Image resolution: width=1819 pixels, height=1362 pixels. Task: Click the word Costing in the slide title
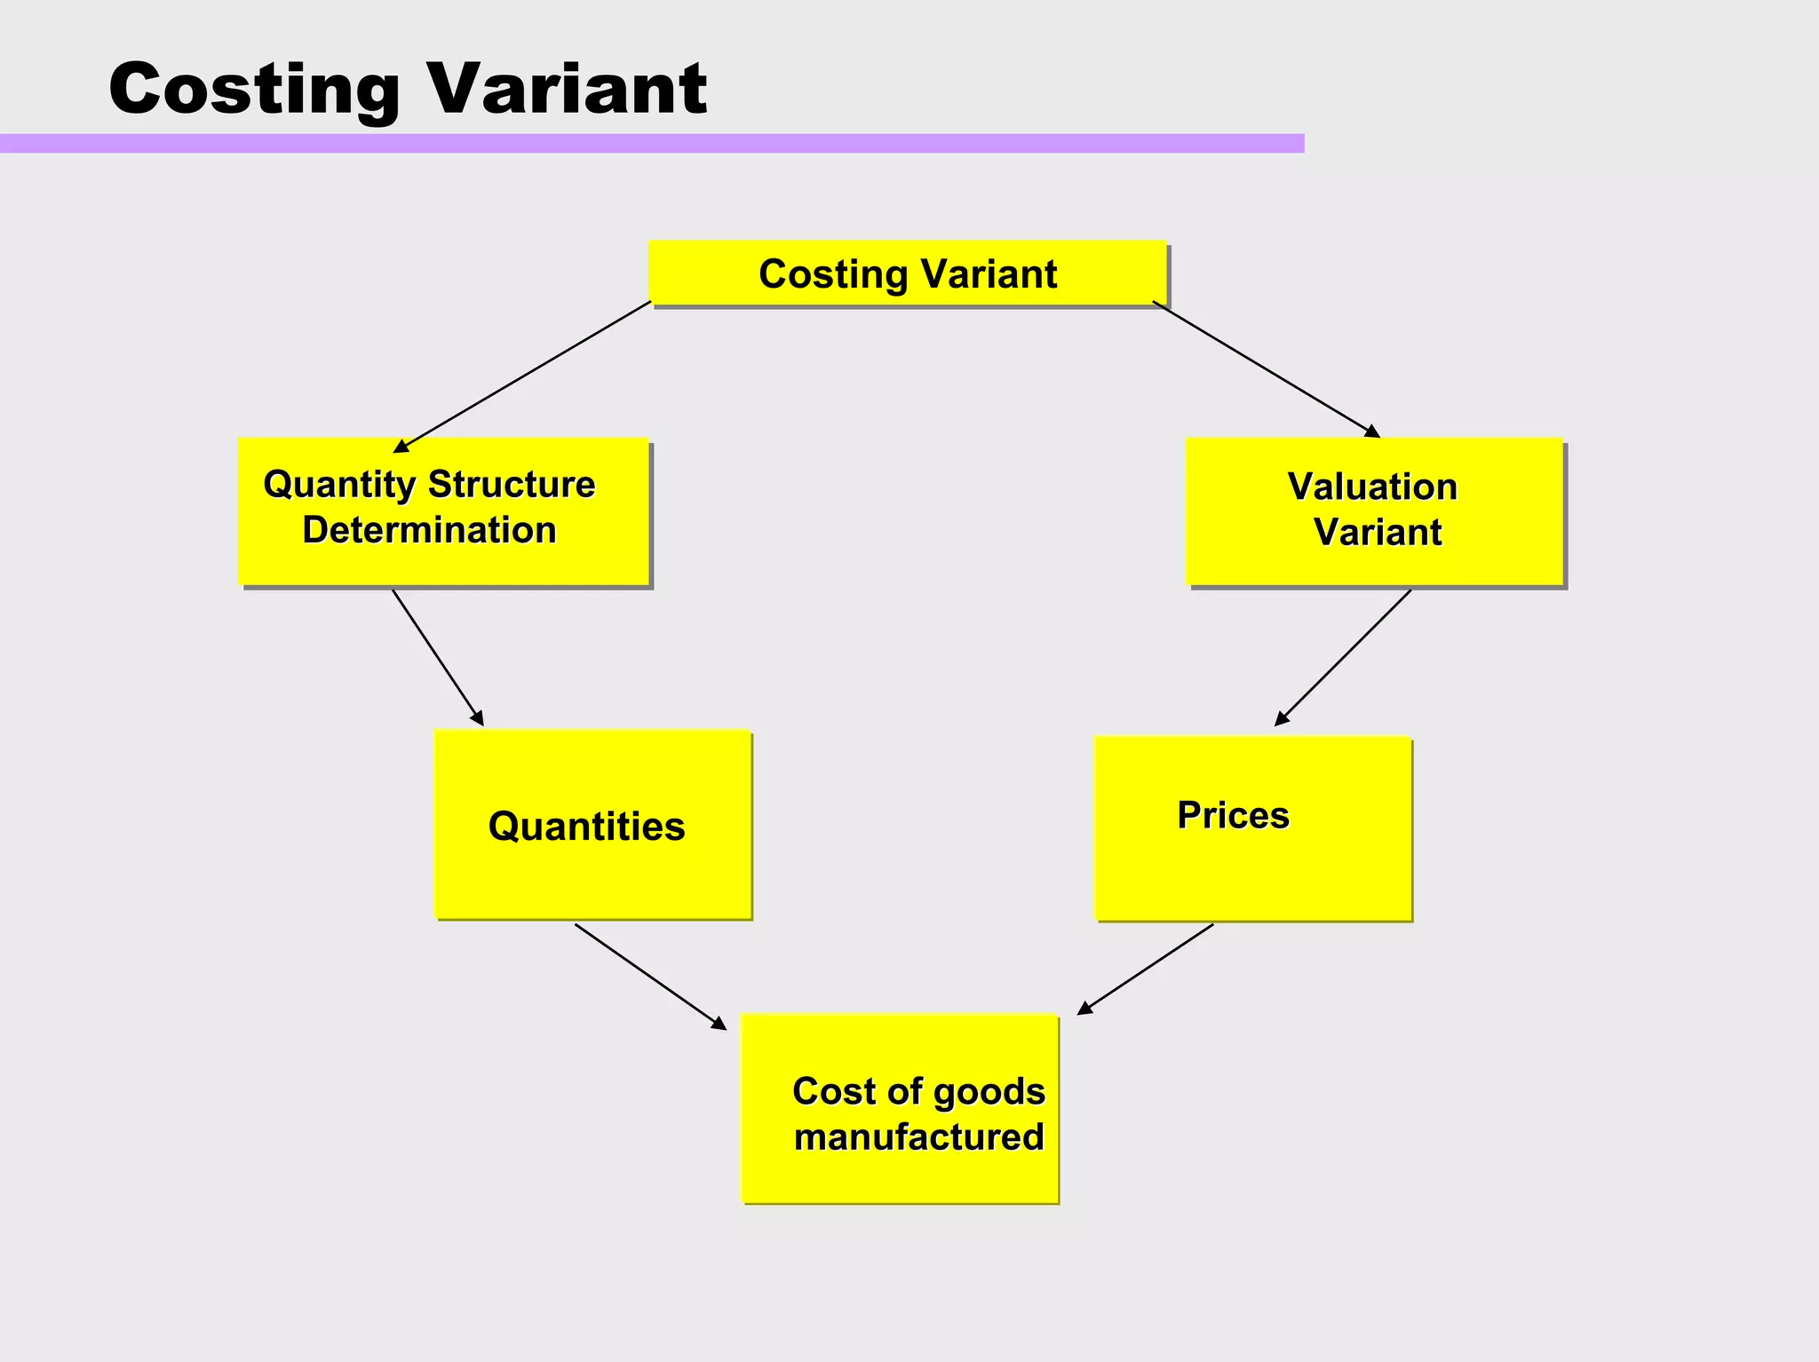coord(254,89)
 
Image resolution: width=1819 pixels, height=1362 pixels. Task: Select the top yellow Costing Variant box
coord(907,273)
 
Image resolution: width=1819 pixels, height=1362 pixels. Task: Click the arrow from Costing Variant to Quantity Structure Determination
coord(522,376)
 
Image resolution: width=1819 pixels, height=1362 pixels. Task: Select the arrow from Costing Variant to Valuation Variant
coord(1266,368)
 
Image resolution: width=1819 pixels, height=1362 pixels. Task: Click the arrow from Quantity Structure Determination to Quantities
coord(438,658)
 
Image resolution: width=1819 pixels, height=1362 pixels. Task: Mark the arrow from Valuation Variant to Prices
coord(1343,658)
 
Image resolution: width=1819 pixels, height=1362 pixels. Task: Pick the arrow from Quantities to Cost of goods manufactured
coord(650,977)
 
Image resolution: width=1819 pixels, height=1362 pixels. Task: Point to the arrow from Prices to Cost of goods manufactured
coord(1146,969)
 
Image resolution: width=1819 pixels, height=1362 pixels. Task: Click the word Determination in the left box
coord(429,530)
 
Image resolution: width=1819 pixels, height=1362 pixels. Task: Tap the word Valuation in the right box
coord(1372,487)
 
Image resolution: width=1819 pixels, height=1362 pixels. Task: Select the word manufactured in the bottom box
coord(918,1136)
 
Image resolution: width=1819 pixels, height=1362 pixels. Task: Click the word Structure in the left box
coord(511,485)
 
